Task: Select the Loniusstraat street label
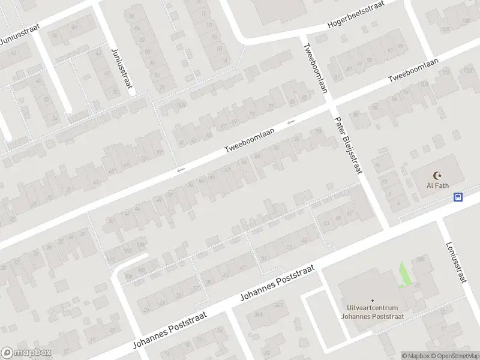(x=457, y=262)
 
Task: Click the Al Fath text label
(x=437, y=185)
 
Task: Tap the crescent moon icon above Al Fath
(x=437, y=175)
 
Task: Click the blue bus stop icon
(x=458, y=197)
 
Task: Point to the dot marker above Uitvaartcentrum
(x=372, y=300)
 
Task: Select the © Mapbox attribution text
(x=416, y=356)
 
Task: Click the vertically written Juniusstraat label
(x=121, y=68)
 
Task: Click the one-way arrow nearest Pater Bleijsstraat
(x=291, y=122)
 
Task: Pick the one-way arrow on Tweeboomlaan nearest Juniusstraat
(x=180, y=171)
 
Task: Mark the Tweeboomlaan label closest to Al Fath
(x=413, y=71)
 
